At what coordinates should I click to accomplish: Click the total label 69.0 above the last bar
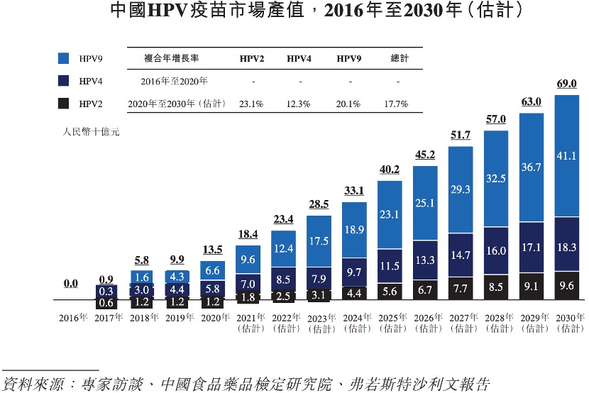pos(567,84)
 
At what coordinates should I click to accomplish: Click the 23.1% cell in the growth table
pos(252,104)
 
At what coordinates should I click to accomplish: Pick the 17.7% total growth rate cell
pos(399,104)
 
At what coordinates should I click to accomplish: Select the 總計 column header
pos(400,58)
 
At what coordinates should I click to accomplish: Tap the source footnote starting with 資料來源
pos(246,384)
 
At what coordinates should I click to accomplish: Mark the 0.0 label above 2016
pos(71,283)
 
